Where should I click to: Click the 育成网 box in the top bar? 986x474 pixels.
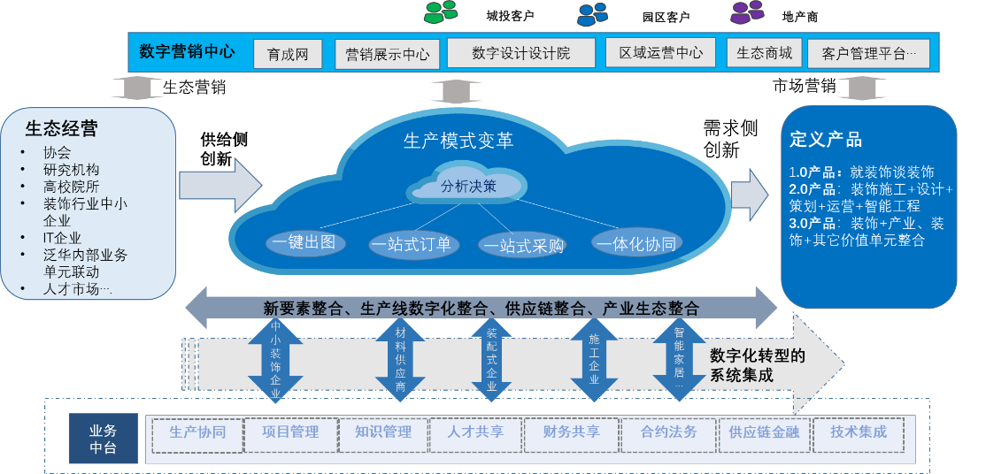coord(287,54)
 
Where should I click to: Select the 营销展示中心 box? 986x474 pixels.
coord(387,54)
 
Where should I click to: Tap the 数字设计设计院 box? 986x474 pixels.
coord(520,53)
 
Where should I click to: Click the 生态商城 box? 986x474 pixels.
coord(764,53)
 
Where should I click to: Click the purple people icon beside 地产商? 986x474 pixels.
coord(746,12)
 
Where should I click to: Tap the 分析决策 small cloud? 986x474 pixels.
coord(468,186)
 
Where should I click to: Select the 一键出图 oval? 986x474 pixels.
coord(304,242)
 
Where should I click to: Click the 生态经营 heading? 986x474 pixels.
coord(61,128)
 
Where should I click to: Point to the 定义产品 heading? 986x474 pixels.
coord(825,140)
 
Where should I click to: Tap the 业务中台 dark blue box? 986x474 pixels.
coord(103,439)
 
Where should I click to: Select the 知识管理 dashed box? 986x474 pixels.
coord(383,433)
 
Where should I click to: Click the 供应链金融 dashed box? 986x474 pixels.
coord(764,433)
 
